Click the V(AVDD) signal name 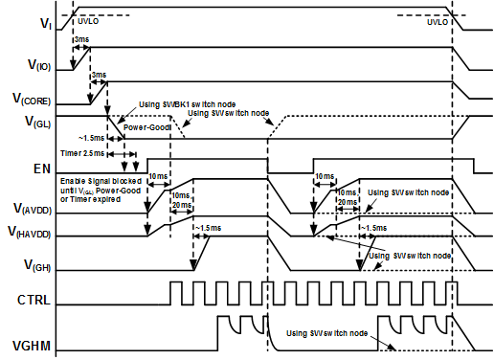33,207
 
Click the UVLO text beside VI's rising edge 87,19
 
